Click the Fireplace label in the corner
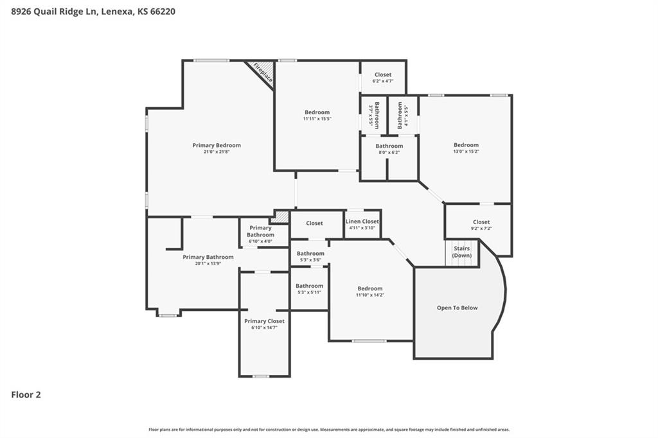pos(263,72)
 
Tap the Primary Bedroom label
pos(217,145)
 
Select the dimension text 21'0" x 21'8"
pos(217,152)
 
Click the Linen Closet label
pos(362,222)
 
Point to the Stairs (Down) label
pos(461,252)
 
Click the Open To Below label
pos(457,308)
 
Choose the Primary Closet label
pos(264,321)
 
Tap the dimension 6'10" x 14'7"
pos(264,328)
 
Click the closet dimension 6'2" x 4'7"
pos(383,81)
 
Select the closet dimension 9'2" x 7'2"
pos(481,229)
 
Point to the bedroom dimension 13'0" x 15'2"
pos(466,152)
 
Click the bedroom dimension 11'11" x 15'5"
pos(317,119)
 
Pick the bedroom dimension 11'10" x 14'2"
pos(370,295)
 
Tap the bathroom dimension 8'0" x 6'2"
pos(389,153)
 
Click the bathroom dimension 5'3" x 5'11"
pos(309,292)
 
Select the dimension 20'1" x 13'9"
pos(208,264)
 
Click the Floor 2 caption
pos(26,395)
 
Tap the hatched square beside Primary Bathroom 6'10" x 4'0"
pos(280,217)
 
